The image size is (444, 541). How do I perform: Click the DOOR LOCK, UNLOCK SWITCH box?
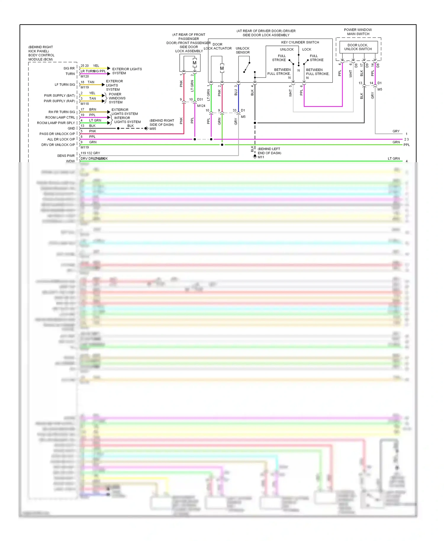tap(358, 47)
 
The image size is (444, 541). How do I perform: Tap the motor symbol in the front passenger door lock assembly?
tap(194, 63)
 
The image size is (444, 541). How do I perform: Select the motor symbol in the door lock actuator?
tap(222, 68)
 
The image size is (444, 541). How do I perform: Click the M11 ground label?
tap(261, 157)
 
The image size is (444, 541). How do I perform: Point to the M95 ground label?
tap(153, 129)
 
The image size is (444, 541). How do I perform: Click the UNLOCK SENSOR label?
tap(242, 50)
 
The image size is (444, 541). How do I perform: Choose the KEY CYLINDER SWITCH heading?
tap(300, 42)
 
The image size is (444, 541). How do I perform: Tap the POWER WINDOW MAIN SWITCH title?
tap(358, 32)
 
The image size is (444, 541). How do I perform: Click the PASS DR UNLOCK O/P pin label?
tap(57, 134)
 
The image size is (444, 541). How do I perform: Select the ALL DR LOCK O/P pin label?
tap(61, 139)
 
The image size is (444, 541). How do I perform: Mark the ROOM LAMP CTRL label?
tap(60, 117)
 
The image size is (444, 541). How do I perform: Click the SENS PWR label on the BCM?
tap(66, 156)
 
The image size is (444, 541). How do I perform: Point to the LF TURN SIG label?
tap(65, 85)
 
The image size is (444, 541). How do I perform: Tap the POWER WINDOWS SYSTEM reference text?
tap(117, 98)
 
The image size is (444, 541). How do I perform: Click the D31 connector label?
tap(200, 99)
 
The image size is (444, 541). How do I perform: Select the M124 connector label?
tap(201, 106)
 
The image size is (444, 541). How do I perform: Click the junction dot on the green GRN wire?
tap(222, 145)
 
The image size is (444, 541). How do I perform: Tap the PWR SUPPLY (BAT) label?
tap(59, 96)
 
